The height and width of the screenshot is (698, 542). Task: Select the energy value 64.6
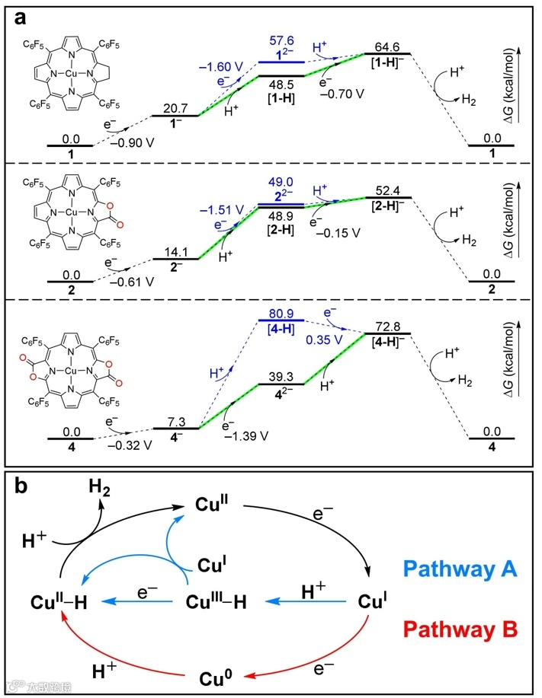tap(388, 45)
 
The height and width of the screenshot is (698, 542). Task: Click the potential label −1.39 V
tap(242, 438)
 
